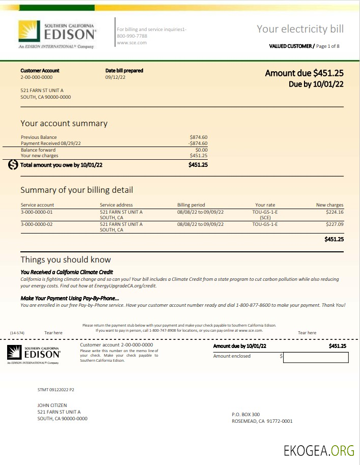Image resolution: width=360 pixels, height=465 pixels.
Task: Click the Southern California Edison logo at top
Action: point(57,34)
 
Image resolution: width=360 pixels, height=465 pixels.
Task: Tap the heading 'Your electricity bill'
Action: point(300,29)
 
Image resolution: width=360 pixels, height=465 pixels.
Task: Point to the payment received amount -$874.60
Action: point(198,143)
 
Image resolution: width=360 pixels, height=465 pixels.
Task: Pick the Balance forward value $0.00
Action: point(201,150)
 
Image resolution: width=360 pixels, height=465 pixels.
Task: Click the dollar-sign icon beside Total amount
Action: point(13,165)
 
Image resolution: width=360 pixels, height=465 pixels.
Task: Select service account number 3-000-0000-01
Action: point(37,212)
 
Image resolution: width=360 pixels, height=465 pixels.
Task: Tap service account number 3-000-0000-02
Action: point(37,224)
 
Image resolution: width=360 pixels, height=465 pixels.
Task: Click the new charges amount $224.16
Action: point(335,212)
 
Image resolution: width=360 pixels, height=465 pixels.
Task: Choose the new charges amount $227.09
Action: point(335,224)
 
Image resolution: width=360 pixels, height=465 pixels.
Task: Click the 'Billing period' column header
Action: point(191,205)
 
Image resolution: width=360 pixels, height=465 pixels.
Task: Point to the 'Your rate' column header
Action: point(265,205)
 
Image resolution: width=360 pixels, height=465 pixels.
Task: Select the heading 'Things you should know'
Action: point(66,260)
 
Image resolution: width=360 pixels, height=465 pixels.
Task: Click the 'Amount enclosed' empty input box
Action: point(315,357)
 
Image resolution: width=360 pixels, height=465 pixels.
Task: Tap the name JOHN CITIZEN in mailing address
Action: point(52,405)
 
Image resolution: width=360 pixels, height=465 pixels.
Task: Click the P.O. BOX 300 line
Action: point(245,415)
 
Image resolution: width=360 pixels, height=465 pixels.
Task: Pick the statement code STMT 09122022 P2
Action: point(56,390)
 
